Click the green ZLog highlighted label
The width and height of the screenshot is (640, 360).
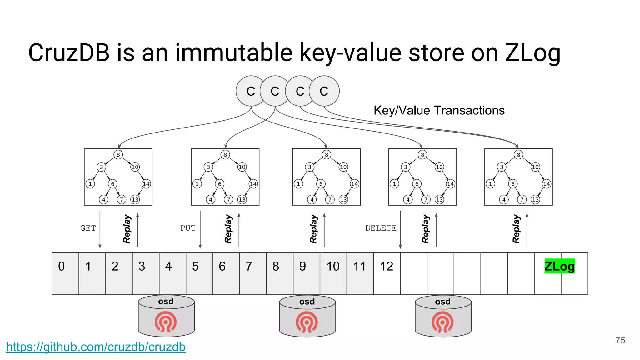[559, 266]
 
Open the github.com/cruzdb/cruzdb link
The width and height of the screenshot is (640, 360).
[96, 347]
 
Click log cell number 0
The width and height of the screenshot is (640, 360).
[65, 273]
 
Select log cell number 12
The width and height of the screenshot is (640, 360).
[387, 273]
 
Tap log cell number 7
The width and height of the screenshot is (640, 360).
[252, 273]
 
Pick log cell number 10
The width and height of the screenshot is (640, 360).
[333, 273]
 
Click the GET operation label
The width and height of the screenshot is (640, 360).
[88, 228]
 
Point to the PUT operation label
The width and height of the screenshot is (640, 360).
[188, 228]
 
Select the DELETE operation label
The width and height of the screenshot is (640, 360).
[381, 228]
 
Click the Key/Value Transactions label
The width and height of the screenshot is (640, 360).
[439, 110]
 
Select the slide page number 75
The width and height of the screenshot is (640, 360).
[620, 340]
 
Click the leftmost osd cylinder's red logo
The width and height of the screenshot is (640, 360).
[166, 322]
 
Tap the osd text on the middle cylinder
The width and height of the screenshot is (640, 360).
[307, 302]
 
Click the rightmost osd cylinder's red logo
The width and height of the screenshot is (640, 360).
[442, 322]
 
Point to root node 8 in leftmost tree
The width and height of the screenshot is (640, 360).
[118, 155]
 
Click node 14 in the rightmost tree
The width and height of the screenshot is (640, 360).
[546, 184]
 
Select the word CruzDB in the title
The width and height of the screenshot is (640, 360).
[69, 52]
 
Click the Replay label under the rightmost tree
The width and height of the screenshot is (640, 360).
[516, 229]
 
